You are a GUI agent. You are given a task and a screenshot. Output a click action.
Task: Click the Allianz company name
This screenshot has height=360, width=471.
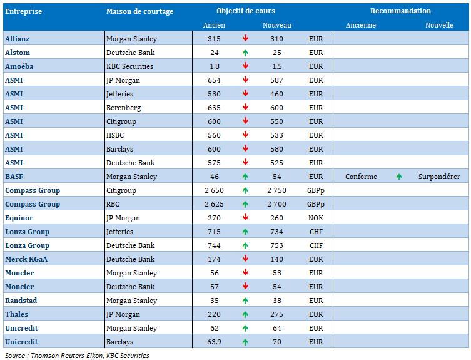coord(17,39)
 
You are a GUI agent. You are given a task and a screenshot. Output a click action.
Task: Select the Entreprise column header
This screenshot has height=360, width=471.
coord(23,11)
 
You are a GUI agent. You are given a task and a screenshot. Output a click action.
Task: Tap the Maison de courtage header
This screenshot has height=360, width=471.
coord(139,11)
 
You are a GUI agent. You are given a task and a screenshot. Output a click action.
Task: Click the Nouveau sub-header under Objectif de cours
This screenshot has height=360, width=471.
coord(277,25)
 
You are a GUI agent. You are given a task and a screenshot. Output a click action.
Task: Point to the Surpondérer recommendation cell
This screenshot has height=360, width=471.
coord(439,177)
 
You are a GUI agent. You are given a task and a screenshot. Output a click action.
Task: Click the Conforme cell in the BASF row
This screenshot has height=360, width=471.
coord(361,177)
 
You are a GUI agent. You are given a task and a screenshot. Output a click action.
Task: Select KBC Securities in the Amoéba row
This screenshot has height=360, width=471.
coord(129,66)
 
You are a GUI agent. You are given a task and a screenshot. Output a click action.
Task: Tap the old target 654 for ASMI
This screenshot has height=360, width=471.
coord(214,80)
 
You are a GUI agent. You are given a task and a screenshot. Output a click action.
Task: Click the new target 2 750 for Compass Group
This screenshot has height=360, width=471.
coord(276,190)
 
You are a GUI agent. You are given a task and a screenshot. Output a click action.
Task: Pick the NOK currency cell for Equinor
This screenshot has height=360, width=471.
coord(316,218)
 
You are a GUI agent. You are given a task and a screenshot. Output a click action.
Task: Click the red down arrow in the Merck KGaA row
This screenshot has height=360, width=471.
coord(245,259)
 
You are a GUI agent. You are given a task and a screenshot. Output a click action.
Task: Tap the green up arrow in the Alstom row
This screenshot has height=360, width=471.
coord(245,53)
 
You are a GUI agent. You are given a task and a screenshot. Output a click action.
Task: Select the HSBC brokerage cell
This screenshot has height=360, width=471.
coord(115,135)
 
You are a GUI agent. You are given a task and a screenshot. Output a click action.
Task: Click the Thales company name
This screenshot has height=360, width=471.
coord(16,314)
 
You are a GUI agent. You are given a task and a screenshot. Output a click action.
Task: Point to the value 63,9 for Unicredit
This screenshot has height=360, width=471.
coord(214,342)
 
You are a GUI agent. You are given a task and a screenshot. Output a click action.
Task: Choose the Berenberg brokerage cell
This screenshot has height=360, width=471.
coord(123,108)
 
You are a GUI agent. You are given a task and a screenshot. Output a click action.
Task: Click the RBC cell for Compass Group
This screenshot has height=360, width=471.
coord(113,204)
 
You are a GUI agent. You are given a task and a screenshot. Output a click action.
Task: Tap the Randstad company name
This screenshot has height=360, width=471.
coord(21,301)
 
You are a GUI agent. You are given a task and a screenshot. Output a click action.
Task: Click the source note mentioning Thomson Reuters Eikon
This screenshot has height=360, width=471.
coord(77,356)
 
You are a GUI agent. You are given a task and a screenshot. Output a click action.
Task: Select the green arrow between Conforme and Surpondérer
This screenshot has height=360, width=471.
coord(399,177)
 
